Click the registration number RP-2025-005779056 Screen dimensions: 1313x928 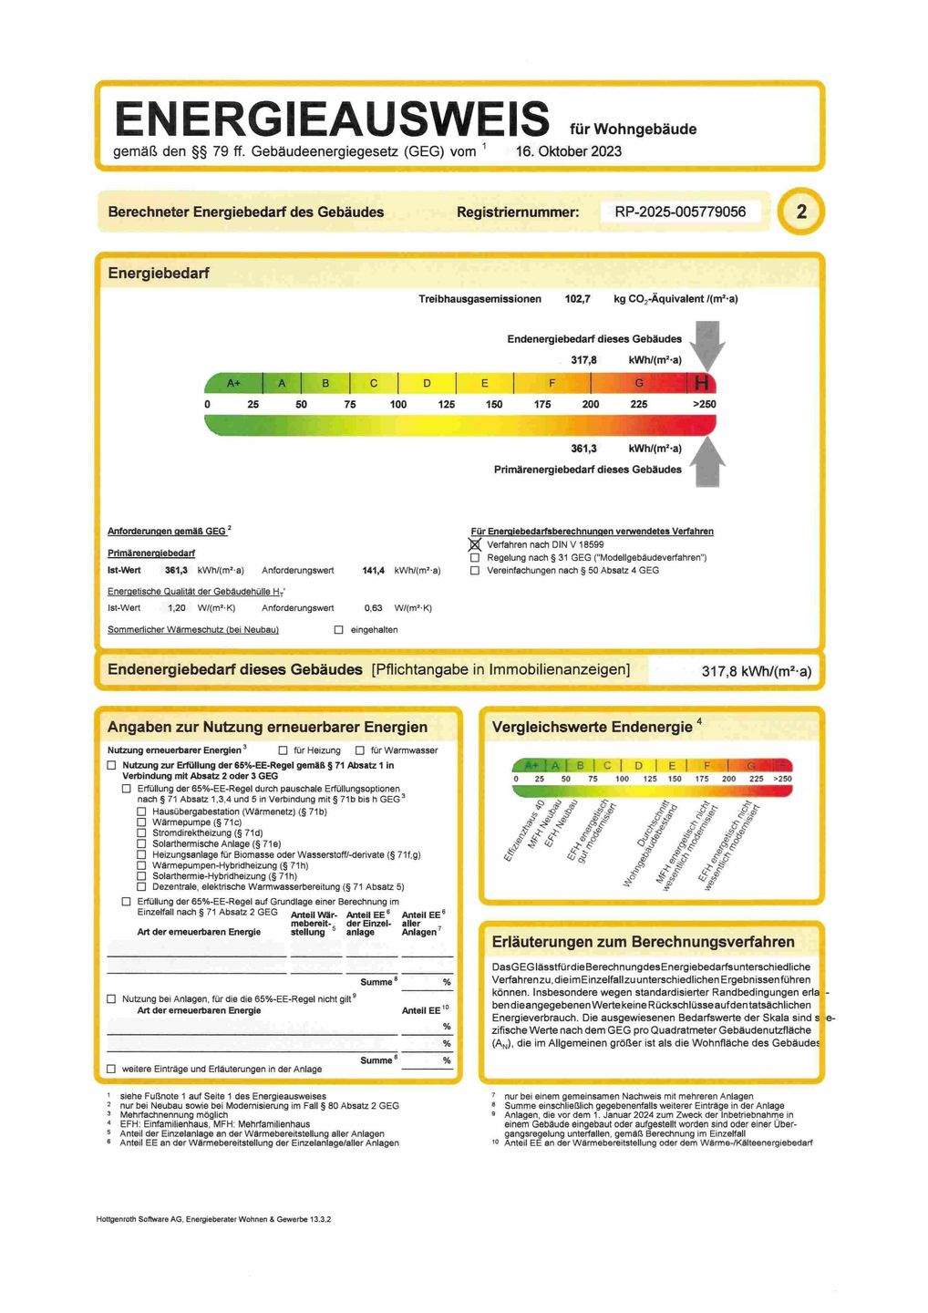(680, 212)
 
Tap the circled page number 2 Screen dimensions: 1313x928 (801, 212)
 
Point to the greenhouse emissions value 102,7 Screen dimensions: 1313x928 (577, 299)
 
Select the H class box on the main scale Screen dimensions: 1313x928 (702, 383)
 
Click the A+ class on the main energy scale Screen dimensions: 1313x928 (234, 383)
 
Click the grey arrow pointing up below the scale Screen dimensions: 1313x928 (707, 462)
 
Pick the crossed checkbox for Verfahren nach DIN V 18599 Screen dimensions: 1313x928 (475, 544)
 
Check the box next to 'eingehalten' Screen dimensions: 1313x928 (339, 630)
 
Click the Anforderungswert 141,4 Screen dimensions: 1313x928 (373, 571)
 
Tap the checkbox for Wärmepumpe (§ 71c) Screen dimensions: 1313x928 (141, 822)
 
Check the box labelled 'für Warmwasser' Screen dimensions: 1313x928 (360, 750)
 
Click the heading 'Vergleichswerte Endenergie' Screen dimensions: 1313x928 (592, 727)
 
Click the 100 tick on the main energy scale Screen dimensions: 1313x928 (398, 404)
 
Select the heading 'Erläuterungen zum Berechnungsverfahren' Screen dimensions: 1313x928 (643, 942)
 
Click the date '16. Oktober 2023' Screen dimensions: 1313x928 (568, 151)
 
